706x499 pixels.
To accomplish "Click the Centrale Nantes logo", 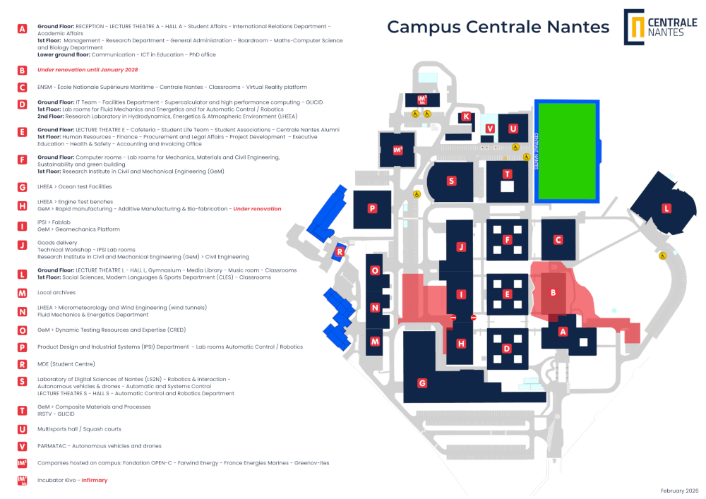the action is click(660, 27).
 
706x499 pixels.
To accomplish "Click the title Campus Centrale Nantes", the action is click(498, 27).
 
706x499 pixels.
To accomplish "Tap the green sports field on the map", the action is click(567, 151).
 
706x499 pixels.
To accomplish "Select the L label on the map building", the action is click(666, 209).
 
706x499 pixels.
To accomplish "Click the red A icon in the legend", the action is click(22, 29).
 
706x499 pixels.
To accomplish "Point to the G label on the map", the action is click(422, 383).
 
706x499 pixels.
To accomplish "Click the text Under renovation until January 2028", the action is click(88, 70).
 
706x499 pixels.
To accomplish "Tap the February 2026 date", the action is click(679, 491).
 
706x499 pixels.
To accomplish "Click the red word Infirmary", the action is click(95, 480).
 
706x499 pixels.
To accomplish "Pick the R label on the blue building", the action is click(340, 252).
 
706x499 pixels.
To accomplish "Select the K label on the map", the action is click(467, 117).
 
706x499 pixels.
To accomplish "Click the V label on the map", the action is click(490, 128).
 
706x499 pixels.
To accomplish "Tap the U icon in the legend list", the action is click(22, 429).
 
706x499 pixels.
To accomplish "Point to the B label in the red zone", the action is click(554, 292).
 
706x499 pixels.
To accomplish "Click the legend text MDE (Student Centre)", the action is click(66, 364).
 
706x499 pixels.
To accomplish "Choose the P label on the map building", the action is click(372, 208).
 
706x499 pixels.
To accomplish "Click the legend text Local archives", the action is click(56, 292).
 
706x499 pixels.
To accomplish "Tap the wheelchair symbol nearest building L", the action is click(662, 255).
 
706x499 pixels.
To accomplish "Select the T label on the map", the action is click(508, 174).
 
